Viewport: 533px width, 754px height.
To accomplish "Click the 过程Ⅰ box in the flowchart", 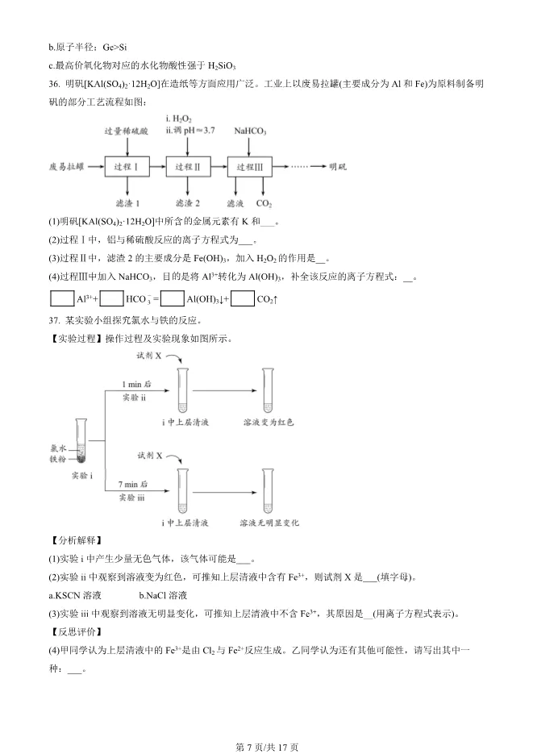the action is pyautogui.click(x=127, y=167).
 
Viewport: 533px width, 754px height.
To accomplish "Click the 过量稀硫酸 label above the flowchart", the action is pyautogui.click(x=127, y=131).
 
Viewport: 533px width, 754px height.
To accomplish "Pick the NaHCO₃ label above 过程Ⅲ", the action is pyautogui.click(x=251, y=131).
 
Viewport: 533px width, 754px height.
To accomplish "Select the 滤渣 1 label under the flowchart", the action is pyautogui.click(x=127, y=204).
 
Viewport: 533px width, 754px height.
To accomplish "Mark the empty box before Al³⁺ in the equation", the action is pyautogui.click(x=62, y=299).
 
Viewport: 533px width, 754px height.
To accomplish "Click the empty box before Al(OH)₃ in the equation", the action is pyautogui.click(x=173, y=299).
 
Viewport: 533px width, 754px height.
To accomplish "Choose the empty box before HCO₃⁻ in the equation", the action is pyautogui.click(x=112, y=299).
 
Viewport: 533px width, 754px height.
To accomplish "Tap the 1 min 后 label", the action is pyautogui.click(x=136, y=384).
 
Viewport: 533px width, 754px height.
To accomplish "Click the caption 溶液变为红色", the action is pyautogui.click(x=269, y=422).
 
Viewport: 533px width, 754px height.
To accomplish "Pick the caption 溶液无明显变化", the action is pyautogui.click(x=269, y=523).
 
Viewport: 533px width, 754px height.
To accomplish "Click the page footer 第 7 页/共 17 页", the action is pyautogui.click(x=267, y=747).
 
